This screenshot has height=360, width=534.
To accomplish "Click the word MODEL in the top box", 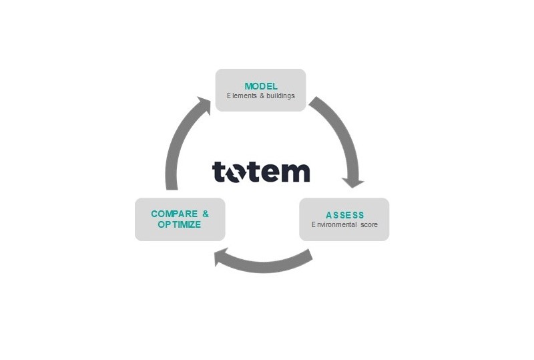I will pos(260,86).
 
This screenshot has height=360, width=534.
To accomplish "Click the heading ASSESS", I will pos(344,215).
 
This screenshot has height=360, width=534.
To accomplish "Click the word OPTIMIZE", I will pos(180,225).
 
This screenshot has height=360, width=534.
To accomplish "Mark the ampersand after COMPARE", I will pos(206,214).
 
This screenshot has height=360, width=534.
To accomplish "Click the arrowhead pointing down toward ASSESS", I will pos(352,182).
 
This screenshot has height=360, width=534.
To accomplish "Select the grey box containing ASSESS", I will pos(344,220).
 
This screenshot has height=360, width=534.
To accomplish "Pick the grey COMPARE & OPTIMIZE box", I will pos(180,220).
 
